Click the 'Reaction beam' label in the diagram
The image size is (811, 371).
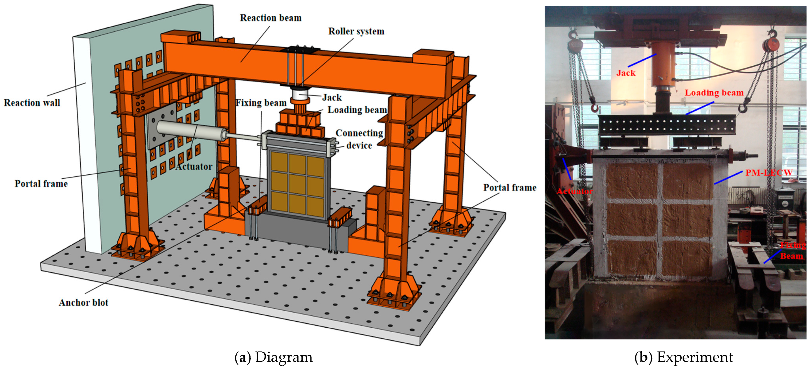tap(271, 18)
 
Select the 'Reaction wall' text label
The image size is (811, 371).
tap(32, 103)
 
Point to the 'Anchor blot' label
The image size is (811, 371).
tap(83, 302)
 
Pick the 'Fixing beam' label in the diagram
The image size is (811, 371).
tap(261, 103)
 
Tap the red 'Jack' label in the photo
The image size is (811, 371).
tap(626, 73)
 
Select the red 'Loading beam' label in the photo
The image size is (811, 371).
tap(714, 93)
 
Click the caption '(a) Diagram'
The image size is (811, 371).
tap(274, 357)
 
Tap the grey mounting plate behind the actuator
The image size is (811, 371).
tap(162, 126)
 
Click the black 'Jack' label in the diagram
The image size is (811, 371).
tap(332, 98)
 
